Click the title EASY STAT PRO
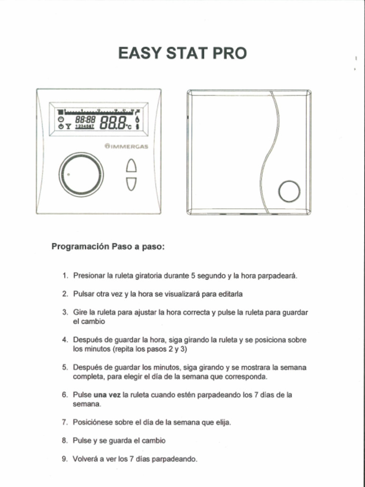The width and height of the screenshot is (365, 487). coord(182,53)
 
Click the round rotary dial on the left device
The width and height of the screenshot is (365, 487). coord(81,175)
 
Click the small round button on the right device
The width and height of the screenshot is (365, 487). coord(289,192)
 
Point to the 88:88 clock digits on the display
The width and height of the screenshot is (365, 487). coord(86,120)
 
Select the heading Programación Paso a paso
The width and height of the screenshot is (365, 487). coord(108,247)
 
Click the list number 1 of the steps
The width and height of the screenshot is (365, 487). coord(65,276)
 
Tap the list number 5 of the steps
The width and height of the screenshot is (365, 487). coord(65,367)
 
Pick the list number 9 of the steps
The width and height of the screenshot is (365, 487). coord(65,459)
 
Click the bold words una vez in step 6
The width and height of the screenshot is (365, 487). coord(107,395)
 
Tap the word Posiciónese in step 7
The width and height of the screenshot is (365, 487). coord(92,422)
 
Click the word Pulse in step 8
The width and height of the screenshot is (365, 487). coord(82,440)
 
